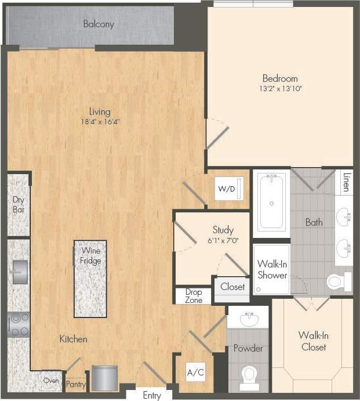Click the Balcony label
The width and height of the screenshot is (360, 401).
[98, 24]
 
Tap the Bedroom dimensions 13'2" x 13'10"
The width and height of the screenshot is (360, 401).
[280, 89]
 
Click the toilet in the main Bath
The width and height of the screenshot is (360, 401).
[338, 282]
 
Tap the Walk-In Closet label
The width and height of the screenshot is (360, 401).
[312, 341]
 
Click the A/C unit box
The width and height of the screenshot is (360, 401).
[195, 372]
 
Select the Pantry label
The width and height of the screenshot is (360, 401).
[75, 384]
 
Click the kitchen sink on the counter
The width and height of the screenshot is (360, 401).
[19, 270]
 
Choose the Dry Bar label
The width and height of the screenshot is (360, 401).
[19, 204]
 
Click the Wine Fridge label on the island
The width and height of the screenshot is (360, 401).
[91, 256]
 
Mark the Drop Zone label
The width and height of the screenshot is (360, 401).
[194, 296]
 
